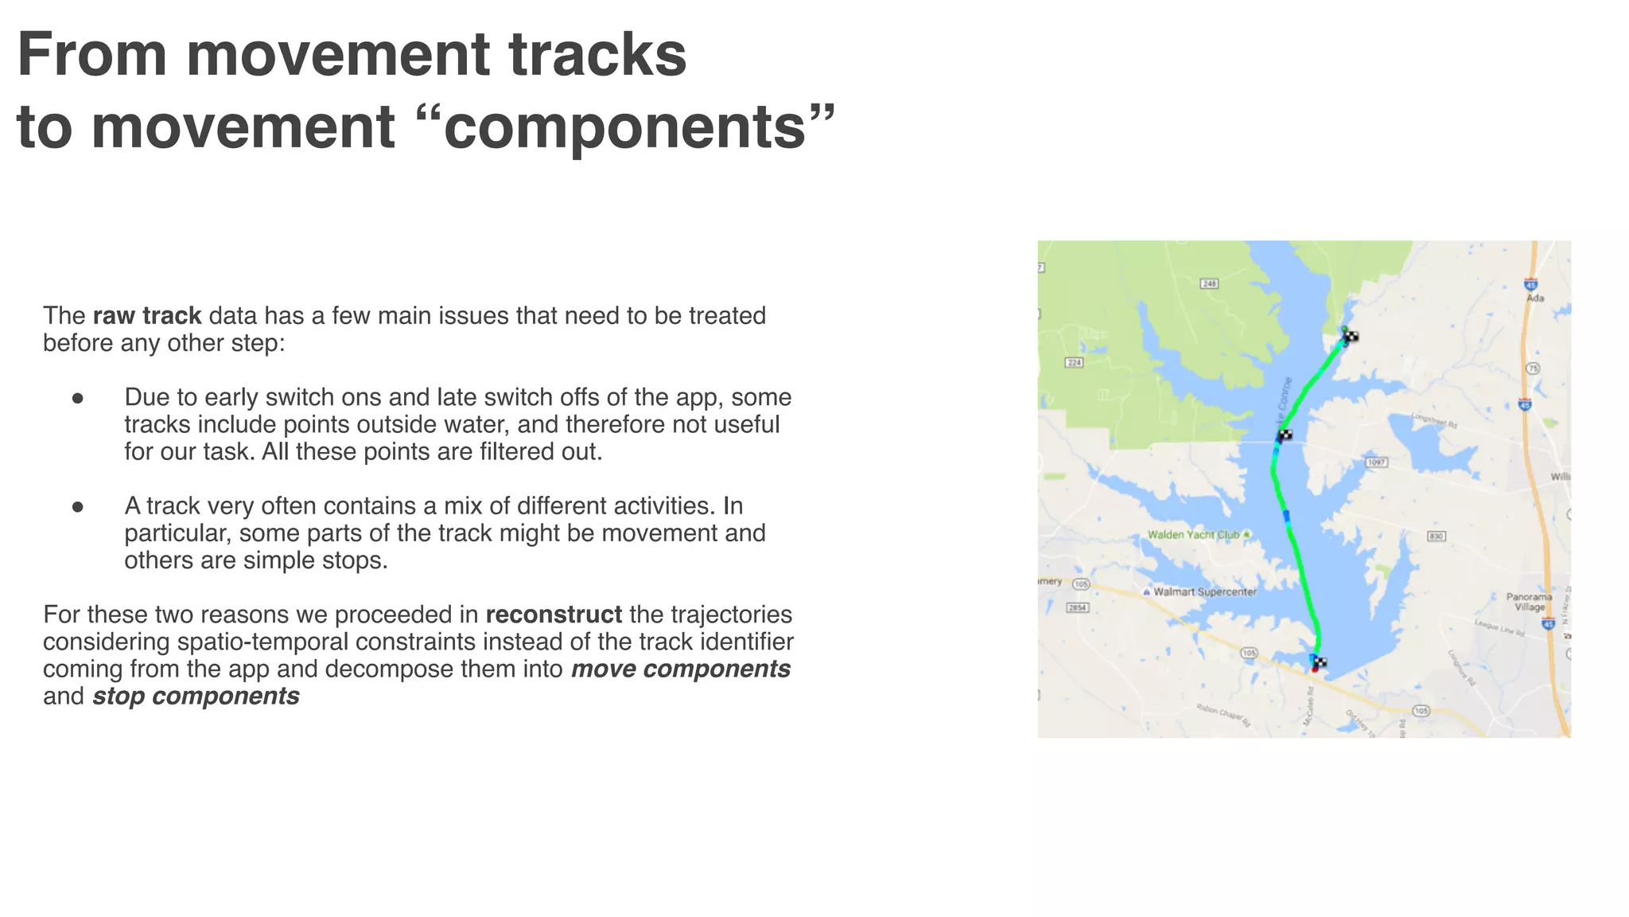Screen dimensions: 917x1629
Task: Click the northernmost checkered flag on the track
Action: coord(1351,337)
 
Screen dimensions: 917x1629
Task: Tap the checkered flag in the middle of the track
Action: coord(1285,435)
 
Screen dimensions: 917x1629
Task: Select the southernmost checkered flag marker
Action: coord(1319,662)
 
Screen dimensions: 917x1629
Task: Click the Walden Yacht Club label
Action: coord(1193,535)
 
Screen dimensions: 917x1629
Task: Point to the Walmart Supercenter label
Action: coord(1204,591)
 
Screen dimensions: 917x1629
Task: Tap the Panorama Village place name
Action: coord(1529,602)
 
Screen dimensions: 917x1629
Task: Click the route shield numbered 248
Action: coord(1209,283)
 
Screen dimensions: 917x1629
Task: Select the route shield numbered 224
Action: coord(1074,363)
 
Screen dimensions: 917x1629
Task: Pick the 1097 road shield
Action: coord(1376,462)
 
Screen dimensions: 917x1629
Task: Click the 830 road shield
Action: coord(1436,537)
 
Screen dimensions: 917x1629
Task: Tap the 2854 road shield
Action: coord(1077,608)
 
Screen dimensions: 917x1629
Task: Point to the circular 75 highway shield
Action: coord(1533,369)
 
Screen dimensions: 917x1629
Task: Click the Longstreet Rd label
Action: coord(1434,420)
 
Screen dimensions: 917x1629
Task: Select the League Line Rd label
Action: coord(1499,627)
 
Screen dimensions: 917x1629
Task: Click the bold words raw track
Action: coord(147,316)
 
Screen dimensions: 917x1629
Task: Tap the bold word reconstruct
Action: coord(554,615)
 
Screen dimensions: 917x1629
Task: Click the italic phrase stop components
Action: coord(196,697)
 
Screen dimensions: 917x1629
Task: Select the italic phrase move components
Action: coord(680,669)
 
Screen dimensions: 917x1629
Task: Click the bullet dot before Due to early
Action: coord(78,398)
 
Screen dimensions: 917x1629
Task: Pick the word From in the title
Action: coord(91,56)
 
